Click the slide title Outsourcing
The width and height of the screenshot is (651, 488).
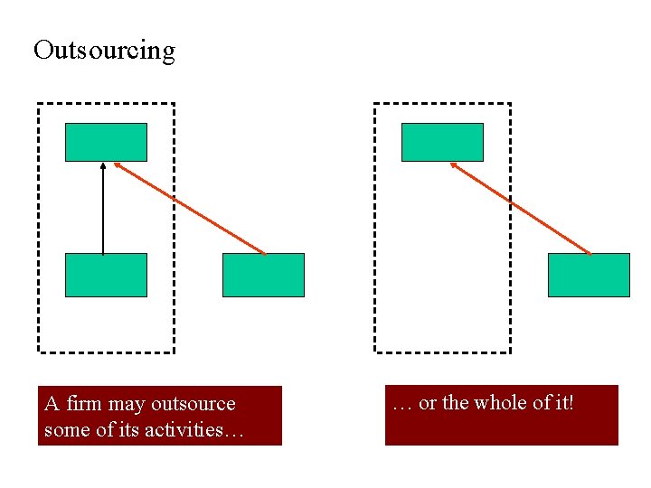(104, 50)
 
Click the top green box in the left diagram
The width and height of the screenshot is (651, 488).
(106, 142)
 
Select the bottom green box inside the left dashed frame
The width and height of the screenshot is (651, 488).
(106, 275)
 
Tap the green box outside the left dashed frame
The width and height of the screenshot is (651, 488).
(263, 275)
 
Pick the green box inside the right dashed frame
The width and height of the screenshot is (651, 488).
(442, 142)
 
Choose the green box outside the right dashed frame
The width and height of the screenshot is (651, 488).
(589, 275)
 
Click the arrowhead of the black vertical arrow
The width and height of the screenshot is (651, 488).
(103, 165)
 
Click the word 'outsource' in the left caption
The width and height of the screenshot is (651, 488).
(193, 404)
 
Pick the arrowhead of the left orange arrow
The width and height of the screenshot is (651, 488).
(117, 164)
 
